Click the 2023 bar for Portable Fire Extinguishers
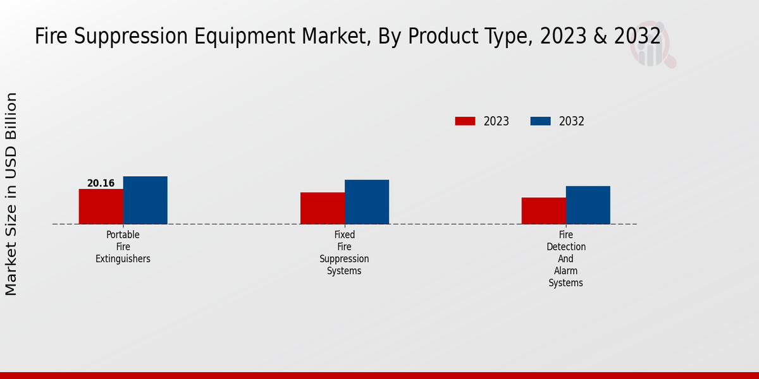click(x=101, y=207)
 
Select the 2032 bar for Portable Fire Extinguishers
click(x=145, y=200)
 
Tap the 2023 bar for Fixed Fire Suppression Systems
click(x=322, y=208)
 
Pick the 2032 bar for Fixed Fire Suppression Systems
click(x=366, y=202)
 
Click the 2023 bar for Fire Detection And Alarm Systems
click(x=543, y=211)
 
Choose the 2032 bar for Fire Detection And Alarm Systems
click(x=588, y=205)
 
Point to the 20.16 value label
click(x=101, y=183)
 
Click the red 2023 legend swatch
click(x=465, y=121)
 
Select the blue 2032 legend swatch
click(x=540, y=121)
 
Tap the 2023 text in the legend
click(x=496, y=121)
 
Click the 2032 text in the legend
click(x=571, y=121)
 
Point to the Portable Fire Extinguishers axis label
click(x=123, y=246)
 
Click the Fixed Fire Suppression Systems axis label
click(x=344, y=253)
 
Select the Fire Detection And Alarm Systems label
click(x=565, y=259)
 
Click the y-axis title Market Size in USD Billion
click(x=11, y=194)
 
